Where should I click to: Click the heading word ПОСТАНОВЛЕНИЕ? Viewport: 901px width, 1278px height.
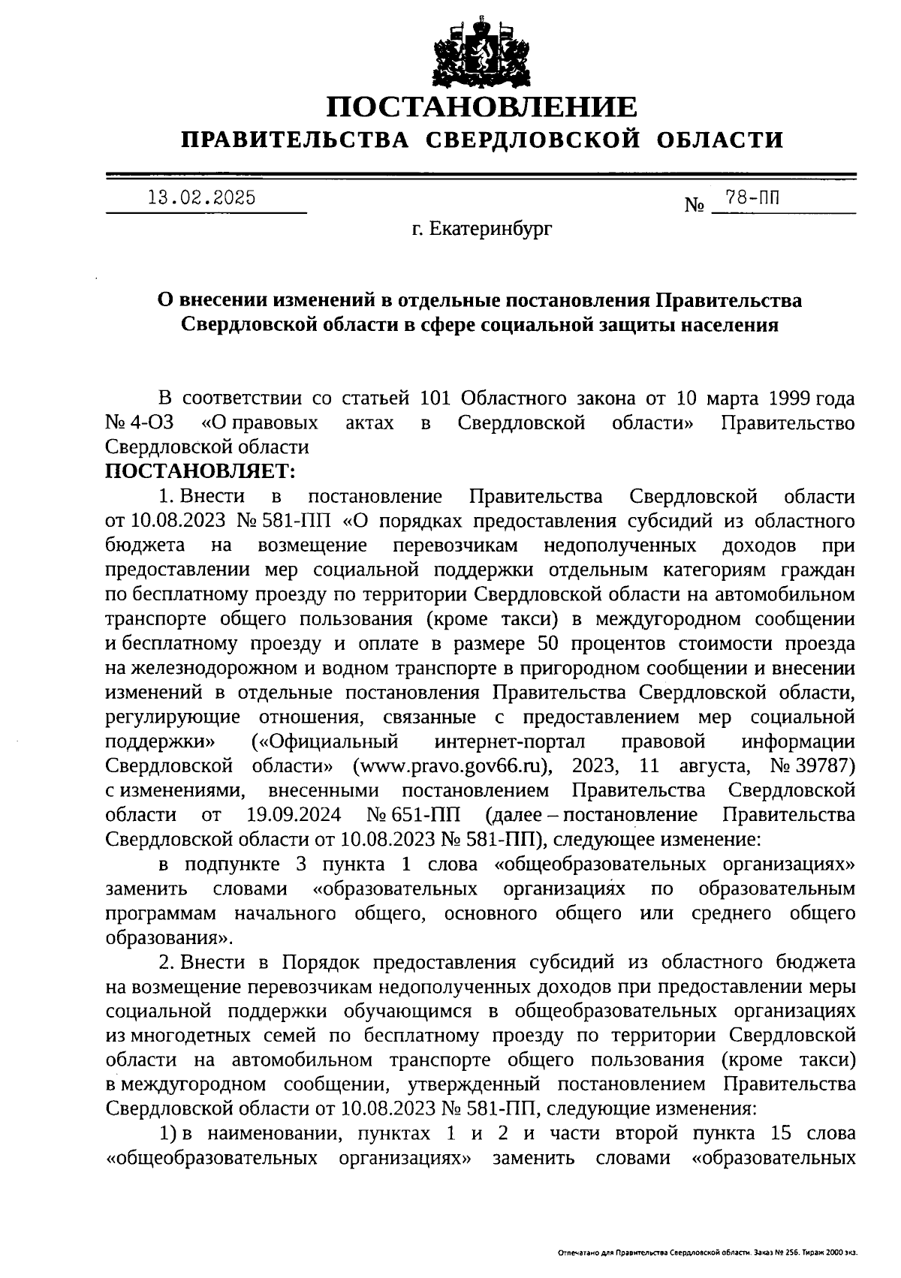pyautogui.click(x=481, y=107)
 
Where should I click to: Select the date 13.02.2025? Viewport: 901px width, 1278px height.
pyautogui.click(x=200, y=198)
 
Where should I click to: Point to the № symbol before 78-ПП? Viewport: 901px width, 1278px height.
pyautogui.click(x=693, y=204)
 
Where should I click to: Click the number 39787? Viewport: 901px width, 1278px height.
pyautogui.click(x=824, y=766)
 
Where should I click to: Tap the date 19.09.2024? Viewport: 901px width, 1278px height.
pyautogui.click(x=294, y=815)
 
